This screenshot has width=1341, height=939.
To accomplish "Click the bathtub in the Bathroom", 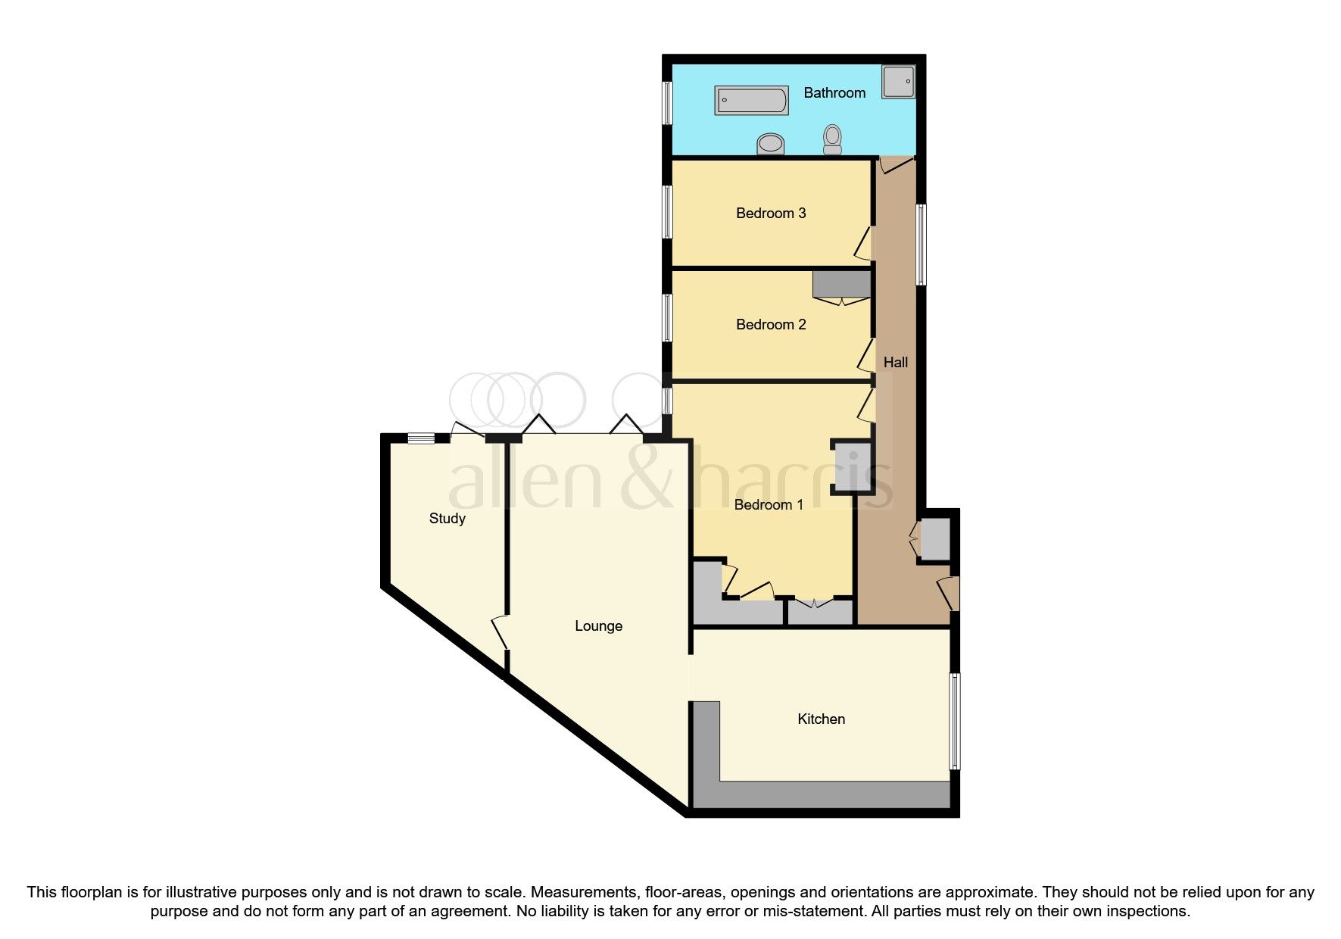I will pyautogui.click(x=751, y=101).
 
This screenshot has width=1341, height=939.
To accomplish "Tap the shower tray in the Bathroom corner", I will pyautogui.click(x=898, y=81).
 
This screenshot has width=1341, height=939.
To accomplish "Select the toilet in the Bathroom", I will pyautogui.click(x=833, y=139).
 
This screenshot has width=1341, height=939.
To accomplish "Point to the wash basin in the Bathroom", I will pyautogui.click(x=772, y=143).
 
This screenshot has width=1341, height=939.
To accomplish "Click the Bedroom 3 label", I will pyautogui.click(x=770, y=214).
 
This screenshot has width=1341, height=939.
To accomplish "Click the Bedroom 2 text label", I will pyautogui.click(x=770, y=325).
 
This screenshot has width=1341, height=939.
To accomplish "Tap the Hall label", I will pyautogui.click(x=895, y=363).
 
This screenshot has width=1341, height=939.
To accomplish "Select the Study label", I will pyautogui.click(x=447, y=519).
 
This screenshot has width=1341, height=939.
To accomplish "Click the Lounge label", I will pyautogui.click(x=598, y=626).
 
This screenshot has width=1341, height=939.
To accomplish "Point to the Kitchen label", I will pyautogui.click(x=821, y=719).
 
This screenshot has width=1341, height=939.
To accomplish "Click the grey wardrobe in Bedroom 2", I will pyautogui.click(x=840, y=285).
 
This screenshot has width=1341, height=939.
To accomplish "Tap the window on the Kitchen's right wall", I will pyautogui.click(x=955, y=721).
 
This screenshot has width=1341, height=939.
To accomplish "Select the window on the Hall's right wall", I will pyautogui.click(x=921, y=244).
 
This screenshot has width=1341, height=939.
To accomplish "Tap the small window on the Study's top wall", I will pyautogui.click(x=421, y=438).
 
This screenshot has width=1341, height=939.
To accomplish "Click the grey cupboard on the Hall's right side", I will pyautogui.click(x=934, y=538).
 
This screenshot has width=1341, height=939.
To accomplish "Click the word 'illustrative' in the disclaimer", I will pyautogui.click(x=210, y=892).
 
